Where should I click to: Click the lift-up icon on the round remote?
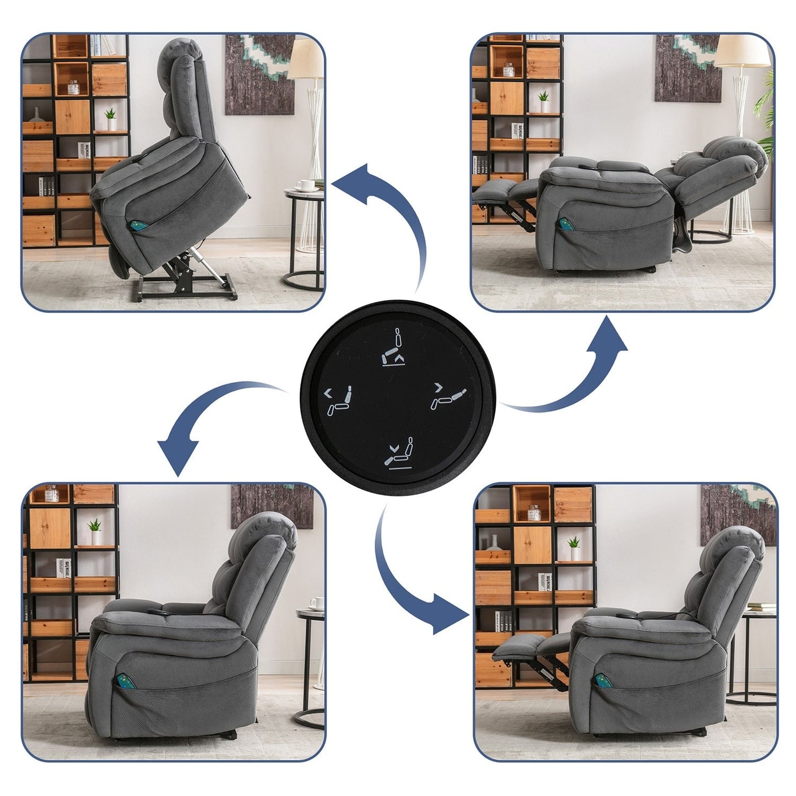[396, 348]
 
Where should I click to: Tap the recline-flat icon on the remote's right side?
[449, 397]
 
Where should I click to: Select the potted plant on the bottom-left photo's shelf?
[95, 532]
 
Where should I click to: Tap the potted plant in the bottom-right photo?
[574, 548]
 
